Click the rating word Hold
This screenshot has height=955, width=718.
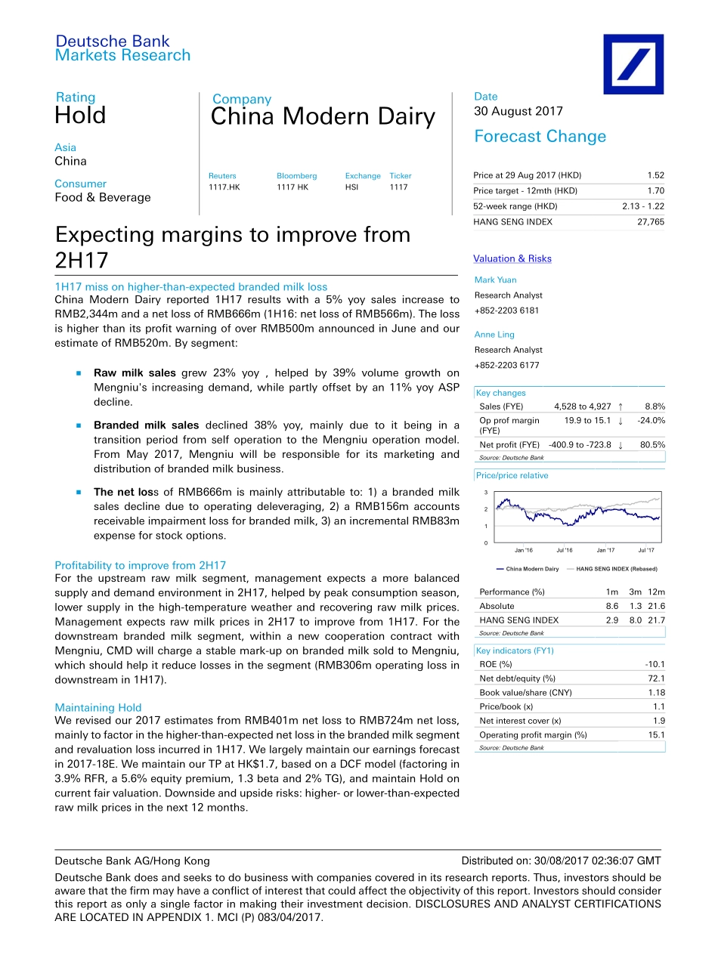click(x=80, y=116)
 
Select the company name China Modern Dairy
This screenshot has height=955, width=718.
click(x=323, y=117)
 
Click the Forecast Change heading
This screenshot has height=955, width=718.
click(x=540, y=137)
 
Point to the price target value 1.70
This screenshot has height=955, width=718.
click(x=655, y=191)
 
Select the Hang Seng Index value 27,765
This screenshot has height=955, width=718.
click(x=651, y=222)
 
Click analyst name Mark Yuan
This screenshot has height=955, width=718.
click(x=496, y=280)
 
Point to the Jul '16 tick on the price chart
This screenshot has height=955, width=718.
click(x=564, y=550)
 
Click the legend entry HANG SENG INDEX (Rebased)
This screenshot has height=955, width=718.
click(x=616, y=569)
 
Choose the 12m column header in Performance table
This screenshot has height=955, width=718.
click(x=656, y=592)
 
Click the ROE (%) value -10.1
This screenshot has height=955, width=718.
click(x=655, y=664)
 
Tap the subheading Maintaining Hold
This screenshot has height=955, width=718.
click(x=98, y=708)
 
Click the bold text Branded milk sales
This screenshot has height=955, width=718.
click(x=147, y=425)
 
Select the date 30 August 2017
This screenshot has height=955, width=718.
click(x=518, y=111)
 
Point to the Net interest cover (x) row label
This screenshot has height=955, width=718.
click(x=520, y=721)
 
